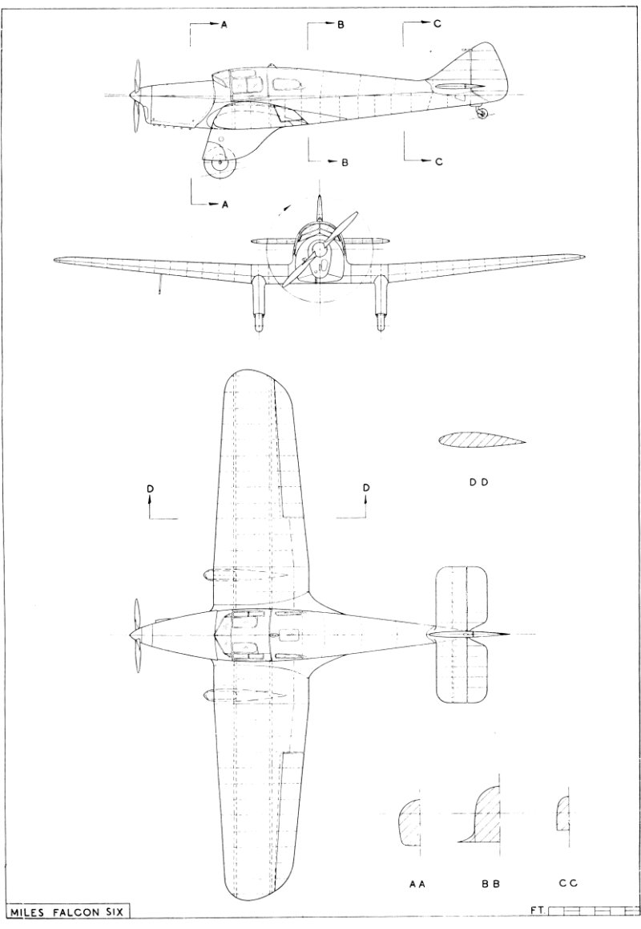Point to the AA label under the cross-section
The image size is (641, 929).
[x=417, y=883]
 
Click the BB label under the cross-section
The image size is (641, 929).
[x=491, y=883]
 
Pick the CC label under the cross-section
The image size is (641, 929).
[x=568, y=883]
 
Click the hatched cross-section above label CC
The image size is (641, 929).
[x=563, y=813]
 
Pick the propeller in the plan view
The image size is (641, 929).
[x=138, y=631]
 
